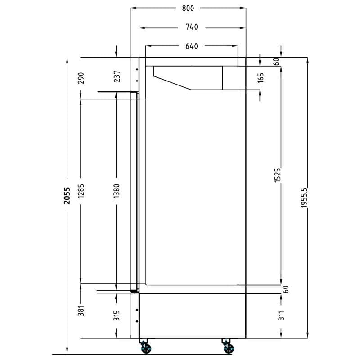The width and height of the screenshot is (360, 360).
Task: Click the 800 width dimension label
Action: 188,8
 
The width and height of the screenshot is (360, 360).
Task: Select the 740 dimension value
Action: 192,27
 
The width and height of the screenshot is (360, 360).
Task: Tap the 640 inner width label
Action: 192,46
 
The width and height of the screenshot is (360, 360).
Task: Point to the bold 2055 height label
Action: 67,196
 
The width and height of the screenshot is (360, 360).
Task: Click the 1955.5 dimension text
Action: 304,198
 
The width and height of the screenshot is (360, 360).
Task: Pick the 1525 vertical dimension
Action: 278,175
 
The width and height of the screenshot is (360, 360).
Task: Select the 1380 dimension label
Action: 117,191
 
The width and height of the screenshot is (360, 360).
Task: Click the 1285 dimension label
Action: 81,191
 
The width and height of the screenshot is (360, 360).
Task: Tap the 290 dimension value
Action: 81,78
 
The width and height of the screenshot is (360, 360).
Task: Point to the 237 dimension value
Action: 117,76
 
